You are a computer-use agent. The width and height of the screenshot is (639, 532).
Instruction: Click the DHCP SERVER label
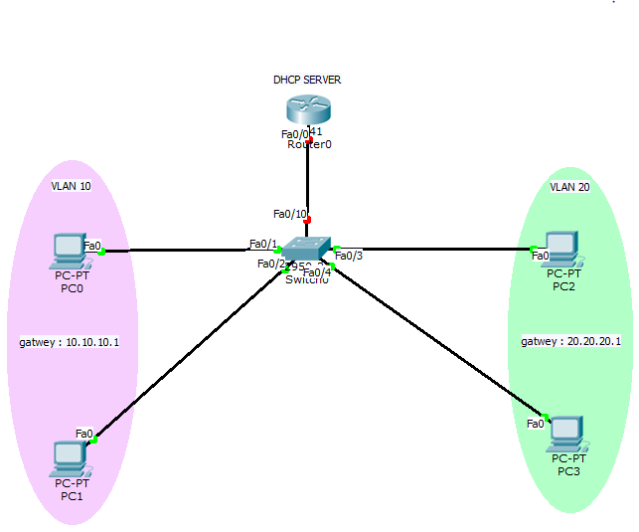coord(308,80)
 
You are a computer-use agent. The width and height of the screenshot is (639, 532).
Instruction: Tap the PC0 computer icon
coord(70,251)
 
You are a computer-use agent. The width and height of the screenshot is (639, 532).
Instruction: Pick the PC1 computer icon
coord(71,457)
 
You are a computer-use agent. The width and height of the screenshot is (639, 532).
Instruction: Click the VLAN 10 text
coord(72,186)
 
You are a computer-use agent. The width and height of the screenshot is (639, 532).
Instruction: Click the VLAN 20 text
coord(569,186)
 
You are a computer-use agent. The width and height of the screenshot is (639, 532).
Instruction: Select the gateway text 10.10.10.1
coord(70,342)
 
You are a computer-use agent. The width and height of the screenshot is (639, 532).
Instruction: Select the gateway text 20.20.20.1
coord(570,341)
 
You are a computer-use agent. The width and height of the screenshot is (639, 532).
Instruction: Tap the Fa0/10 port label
coord(290,214)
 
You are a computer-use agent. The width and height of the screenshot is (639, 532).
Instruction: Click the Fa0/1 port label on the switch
coord(262,244)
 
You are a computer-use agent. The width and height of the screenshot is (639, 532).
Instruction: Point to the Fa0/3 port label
coord(349,256)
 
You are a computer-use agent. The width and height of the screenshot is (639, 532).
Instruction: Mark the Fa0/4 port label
coord(316,272)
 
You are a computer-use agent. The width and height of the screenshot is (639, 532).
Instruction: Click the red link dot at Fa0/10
coord(308,220)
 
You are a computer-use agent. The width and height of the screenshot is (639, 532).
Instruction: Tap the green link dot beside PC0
coord(101,252)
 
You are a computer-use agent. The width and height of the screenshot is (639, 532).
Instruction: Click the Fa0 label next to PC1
coord(84,434)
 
